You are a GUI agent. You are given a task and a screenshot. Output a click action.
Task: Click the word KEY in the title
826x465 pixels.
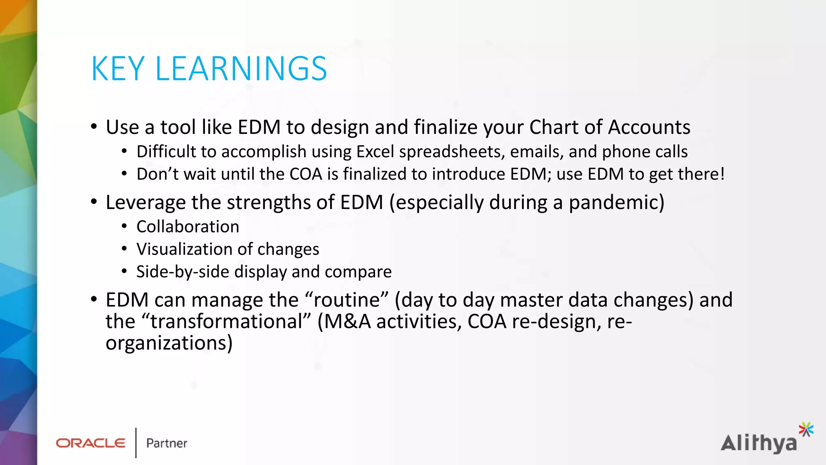click(x=118, y=69)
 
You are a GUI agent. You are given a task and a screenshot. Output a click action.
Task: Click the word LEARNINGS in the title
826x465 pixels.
click(x=241, y=69)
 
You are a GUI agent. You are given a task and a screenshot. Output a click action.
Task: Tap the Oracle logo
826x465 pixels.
click(x=91, y=443)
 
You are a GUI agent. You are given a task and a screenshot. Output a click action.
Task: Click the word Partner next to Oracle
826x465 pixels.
click(x=167, y=443)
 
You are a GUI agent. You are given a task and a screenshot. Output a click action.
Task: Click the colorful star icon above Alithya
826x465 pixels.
click(x=806, y=429)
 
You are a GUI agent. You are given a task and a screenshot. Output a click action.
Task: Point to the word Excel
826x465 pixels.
click(x=375, y=152)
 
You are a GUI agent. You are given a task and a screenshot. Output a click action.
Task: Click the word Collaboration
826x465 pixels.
click(x=188, y=227)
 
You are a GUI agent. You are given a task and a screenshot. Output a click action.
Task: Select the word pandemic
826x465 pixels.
click(x=616, y=203)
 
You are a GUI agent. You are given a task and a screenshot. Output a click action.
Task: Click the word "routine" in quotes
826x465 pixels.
click(x=347, y=300)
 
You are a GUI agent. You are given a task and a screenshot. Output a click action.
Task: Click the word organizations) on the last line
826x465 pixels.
click(x=169, y=344)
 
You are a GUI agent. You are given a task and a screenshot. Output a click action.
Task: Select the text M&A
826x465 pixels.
click(x=347, y=322)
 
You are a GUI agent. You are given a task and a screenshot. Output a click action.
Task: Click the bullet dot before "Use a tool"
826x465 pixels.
click(x=94, y=127)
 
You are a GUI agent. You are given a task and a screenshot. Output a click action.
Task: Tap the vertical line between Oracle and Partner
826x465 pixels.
click(x=136, y=443)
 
